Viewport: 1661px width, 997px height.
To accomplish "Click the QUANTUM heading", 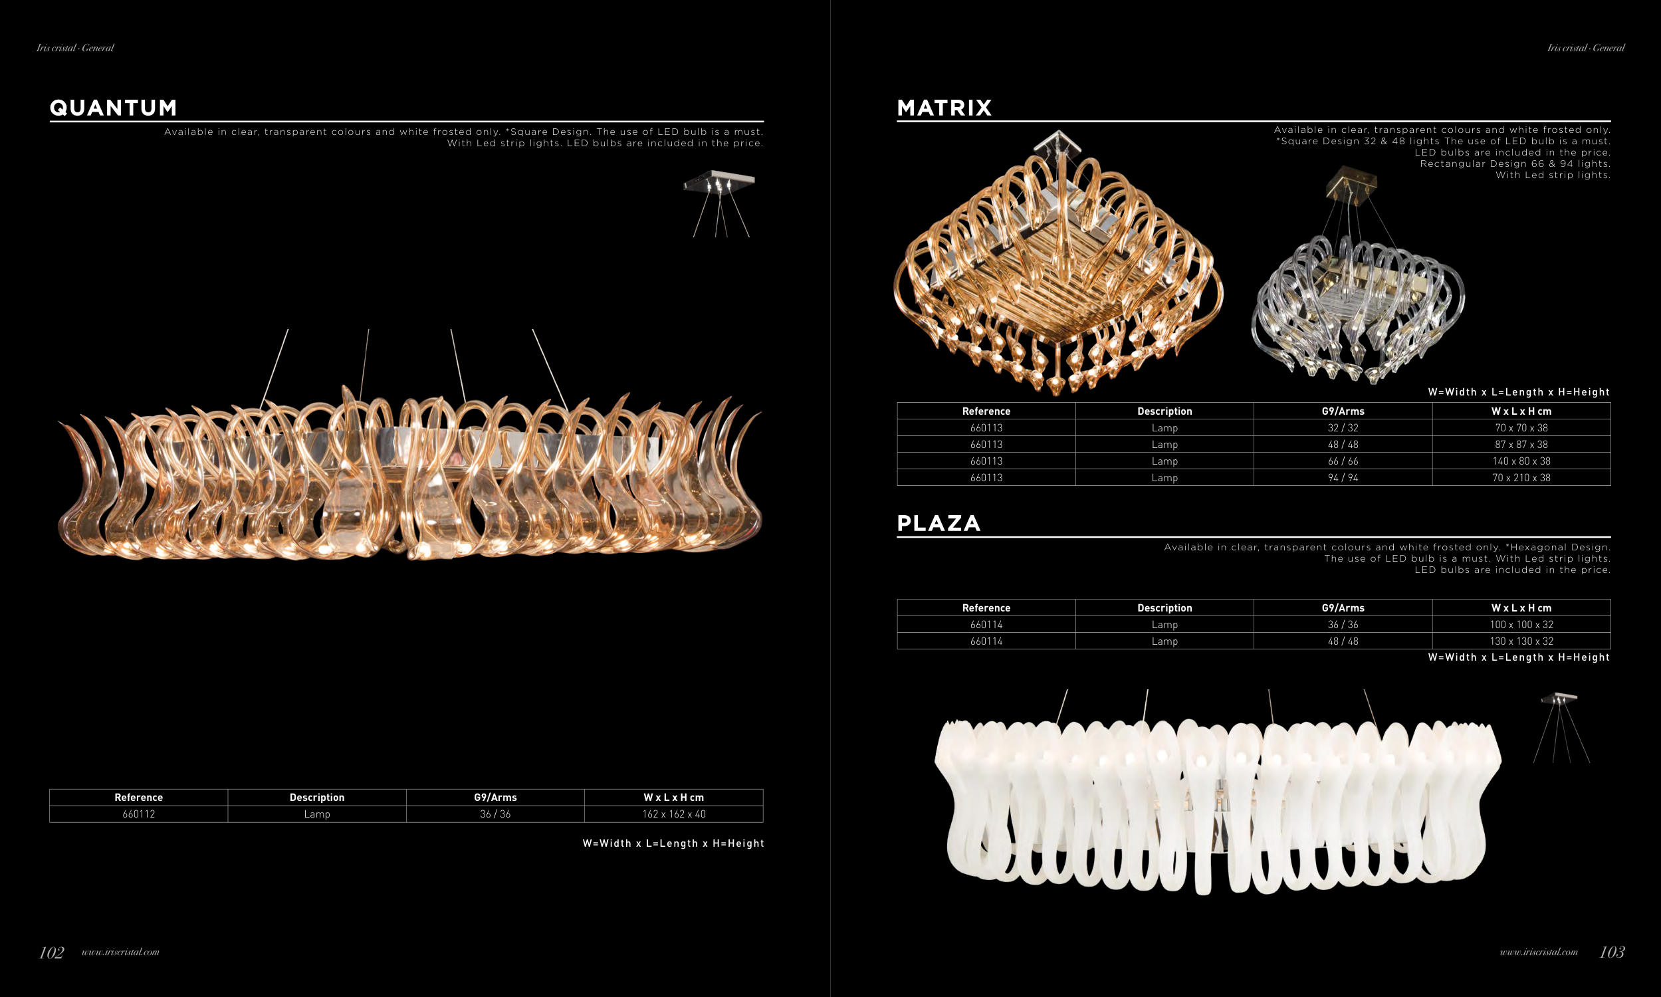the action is [x=114, y=108].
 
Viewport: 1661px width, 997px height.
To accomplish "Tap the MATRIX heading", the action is [x=944, y=108].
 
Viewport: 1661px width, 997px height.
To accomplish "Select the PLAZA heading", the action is [x=939, y=523].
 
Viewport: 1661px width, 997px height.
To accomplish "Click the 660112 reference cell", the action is [x=139, y=814].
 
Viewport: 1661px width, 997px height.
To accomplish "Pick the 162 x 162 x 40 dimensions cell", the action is [x=674, y=814].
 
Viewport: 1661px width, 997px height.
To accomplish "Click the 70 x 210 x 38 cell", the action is [x=1521, y=478].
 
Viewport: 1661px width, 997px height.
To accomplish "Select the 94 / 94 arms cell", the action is [x=1343, y=478].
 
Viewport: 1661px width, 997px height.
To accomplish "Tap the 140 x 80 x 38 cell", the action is [x=1521, y=461].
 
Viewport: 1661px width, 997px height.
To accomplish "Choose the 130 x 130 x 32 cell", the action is [x=1521, y=641].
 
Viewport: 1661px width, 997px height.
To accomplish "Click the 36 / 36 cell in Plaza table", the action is [x=1343, y=624].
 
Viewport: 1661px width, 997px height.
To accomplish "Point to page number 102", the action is [x=52, y=952].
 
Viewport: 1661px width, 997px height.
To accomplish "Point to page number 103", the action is [x=1612, y=952].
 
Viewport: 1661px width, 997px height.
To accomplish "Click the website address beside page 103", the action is [x=1539, y=952].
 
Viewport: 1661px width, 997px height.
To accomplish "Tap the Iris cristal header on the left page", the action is [x=75, y=48].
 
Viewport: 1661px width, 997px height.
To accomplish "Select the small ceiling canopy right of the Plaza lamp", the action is [x=1559, y=698].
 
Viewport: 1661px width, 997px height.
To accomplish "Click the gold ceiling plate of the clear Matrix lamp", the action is [x=1351, y=181].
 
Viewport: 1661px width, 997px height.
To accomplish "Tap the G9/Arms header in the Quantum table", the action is [x=496, y=798].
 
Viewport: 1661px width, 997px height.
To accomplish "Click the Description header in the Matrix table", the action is [x=1164, y=411].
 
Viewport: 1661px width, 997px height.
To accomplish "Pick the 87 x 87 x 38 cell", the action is [x=1521, y=444].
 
